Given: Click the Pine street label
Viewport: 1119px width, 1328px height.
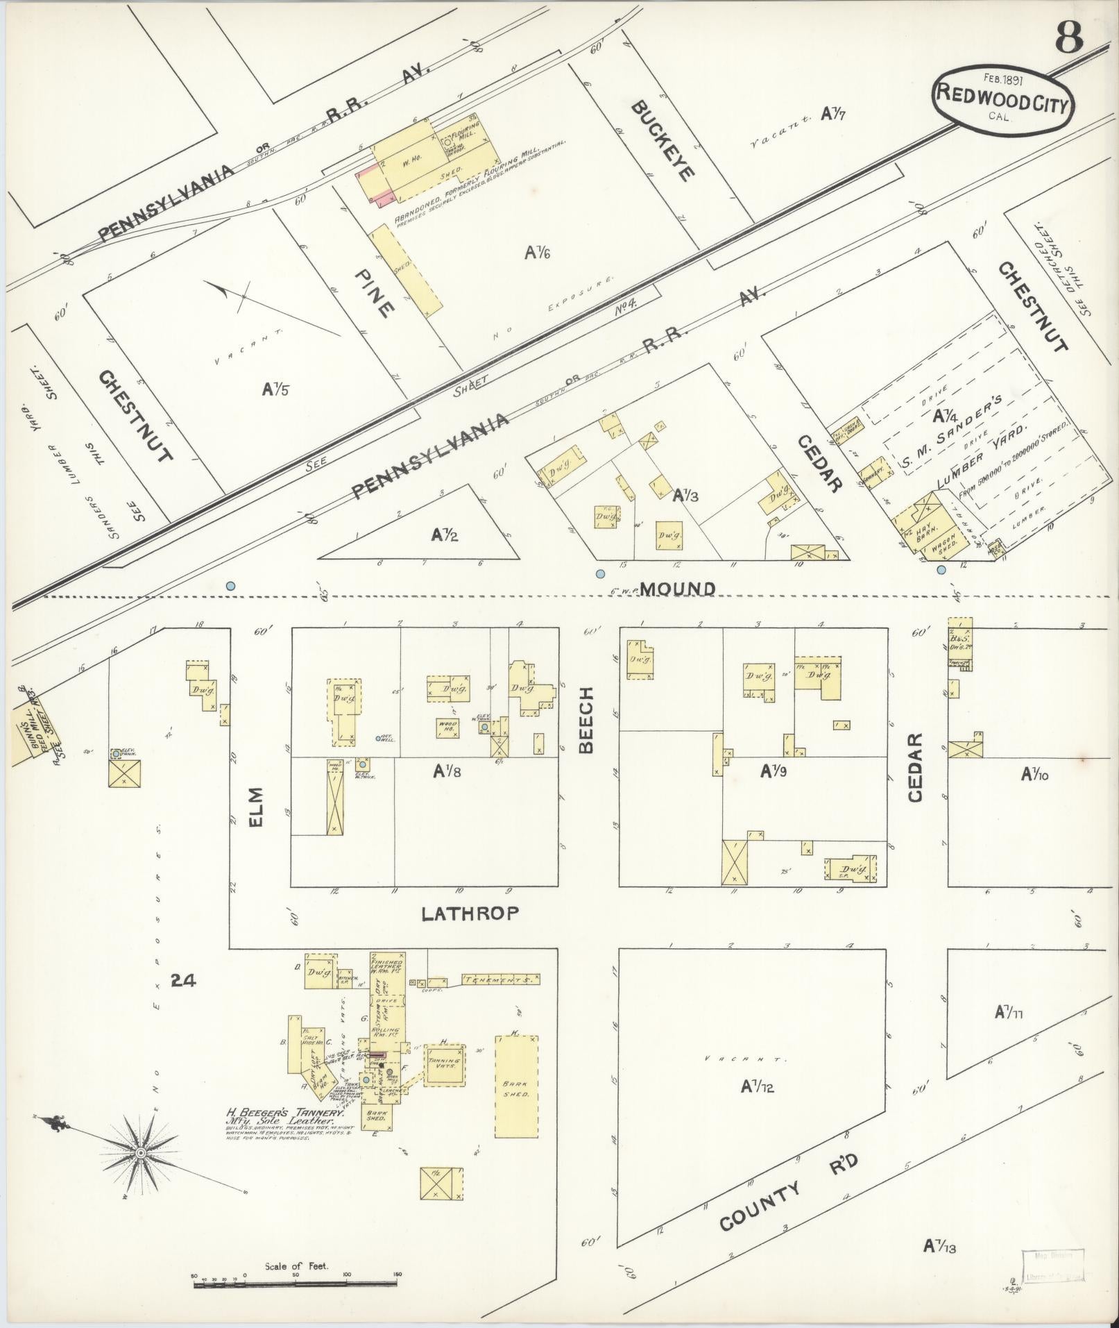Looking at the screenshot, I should (375, 294).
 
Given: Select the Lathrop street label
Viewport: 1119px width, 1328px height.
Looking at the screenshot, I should (470, 914).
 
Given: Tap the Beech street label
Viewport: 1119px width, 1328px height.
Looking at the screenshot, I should (586, 719).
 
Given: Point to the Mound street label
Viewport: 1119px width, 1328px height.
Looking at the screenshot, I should (677, 589).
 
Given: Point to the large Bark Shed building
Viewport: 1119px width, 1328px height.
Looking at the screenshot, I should (516, 1096).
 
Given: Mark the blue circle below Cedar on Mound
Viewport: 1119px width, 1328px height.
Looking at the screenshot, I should (941, 570).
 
